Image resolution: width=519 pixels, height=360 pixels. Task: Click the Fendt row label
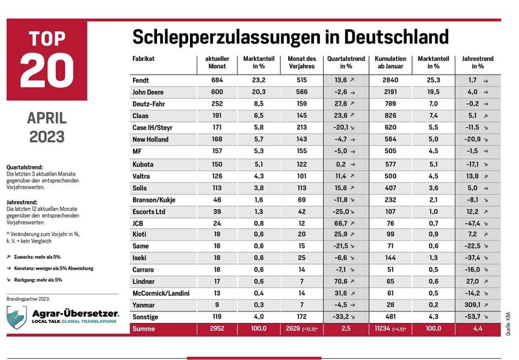141,80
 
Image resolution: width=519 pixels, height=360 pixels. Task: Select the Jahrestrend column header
477,62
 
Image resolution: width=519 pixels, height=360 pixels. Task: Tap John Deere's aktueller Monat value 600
217,92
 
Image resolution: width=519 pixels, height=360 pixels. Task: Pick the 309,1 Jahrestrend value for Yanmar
472,305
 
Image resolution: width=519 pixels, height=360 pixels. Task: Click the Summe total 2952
217,329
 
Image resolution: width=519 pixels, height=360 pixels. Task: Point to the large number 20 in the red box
47,70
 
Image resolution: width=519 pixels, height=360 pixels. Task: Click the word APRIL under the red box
47,118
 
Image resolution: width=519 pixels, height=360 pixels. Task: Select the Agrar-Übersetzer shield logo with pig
17,317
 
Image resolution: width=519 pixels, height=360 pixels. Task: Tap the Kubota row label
143,165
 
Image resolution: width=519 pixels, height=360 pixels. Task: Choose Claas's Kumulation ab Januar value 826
391,115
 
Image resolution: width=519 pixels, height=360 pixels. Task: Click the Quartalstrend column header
346,62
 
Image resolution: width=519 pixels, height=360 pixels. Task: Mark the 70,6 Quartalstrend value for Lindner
341,282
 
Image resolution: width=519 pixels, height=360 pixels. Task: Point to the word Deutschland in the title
396,37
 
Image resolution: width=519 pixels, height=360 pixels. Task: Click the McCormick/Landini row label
161,293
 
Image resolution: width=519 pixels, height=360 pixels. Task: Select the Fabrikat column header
143,58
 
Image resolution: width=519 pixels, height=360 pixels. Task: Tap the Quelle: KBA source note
508,324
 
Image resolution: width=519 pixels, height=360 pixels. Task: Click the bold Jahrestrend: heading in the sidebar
22,202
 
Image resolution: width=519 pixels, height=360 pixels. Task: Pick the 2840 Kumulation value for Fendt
391,80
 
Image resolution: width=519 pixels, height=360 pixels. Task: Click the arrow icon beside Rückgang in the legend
8,280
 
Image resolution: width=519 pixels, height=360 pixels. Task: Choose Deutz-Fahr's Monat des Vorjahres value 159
302,104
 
